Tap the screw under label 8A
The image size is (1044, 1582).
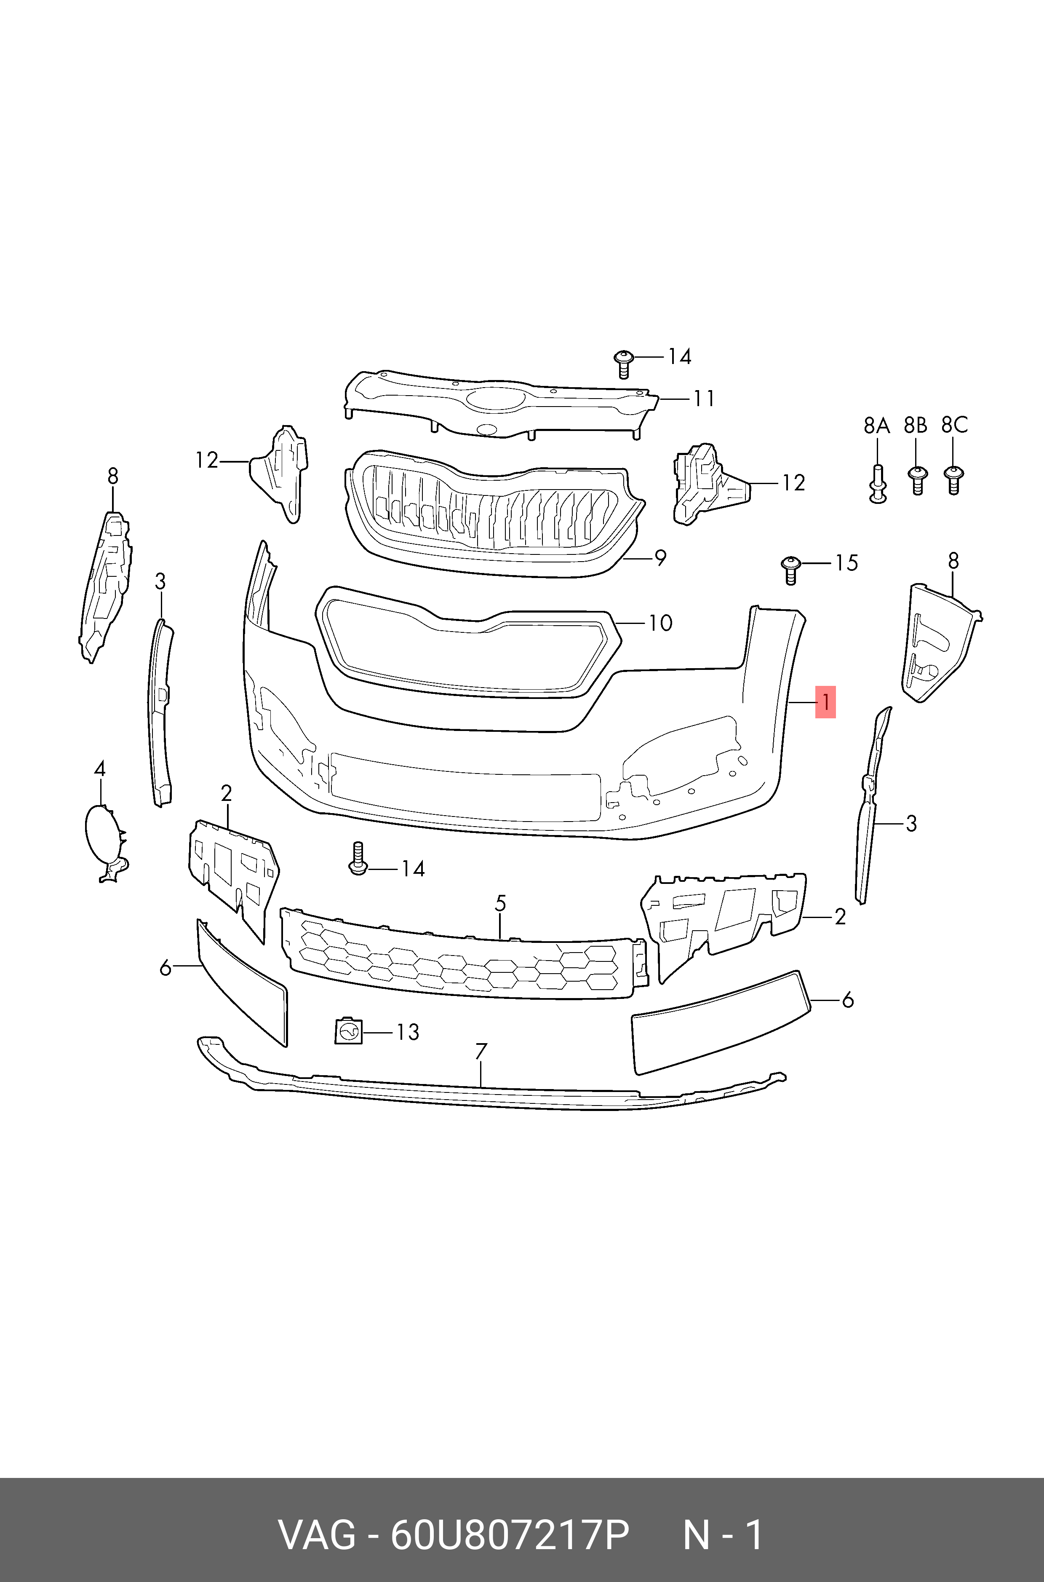pos(878,483)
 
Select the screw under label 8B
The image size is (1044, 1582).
pos(917,479)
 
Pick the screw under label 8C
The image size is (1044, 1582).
pos(953,479)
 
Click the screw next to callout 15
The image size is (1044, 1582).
pos(790,570)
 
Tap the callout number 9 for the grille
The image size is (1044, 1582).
pos(660,557)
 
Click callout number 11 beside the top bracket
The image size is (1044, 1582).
pos(704,398)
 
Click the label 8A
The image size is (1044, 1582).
pos(877,425)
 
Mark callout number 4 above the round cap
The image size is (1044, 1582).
pos(99,769)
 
